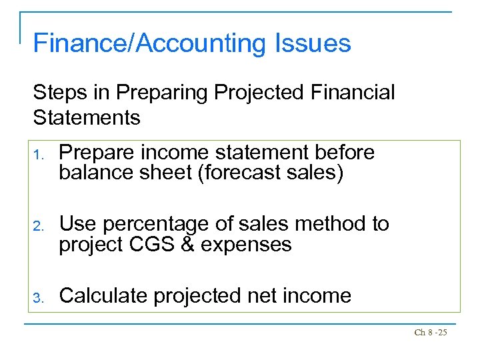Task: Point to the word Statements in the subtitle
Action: pyautogui.click(x=87, y=117)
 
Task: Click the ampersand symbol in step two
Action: pyautogui.click(x=188, y=245)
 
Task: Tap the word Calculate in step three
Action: pyautogui.click(x=103, y=295)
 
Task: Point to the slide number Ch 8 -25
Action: pyautogui.click(x=430, y=331)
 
